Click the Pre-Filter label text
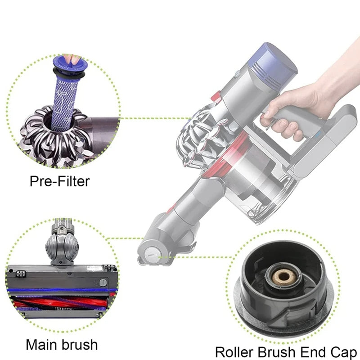click(60, 181)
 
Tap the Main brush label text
click(61, 344)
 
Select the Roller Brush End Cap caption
click(287, 351)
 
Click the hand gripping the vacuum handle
click(292, 108)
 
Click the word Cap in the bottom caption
click(344, 351)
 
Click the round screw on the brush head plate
click(103, 283)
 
